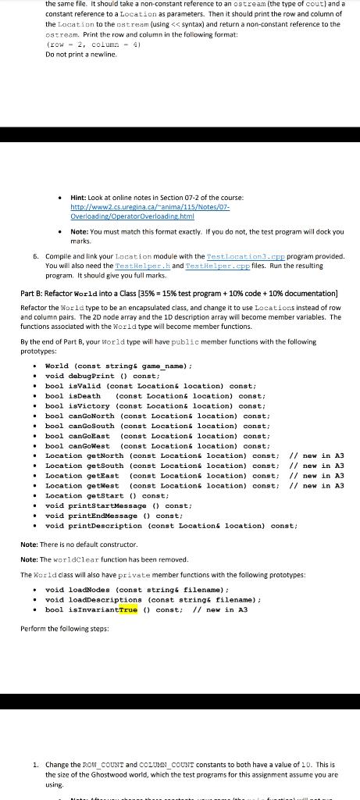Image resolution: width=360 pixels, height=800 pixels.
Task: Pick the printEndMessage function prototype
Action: (x=114, y=516)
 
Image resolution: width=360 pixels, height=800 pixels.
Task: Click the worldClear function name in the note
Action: (x=68, y=559)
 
